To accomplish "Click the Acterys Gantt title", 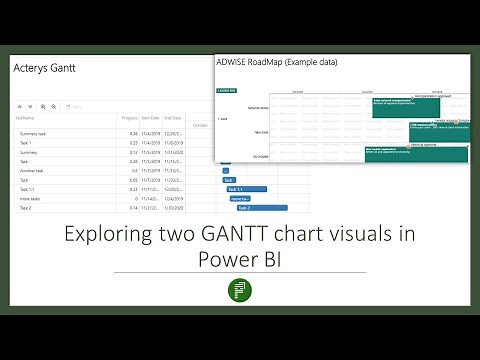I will pos(46,68).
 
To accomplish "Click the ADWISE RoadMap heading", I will pos(276,62).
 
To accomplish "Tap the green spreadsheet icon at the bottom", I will pos(240,290).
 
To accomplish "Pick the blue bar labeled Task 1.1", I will pos(246,189).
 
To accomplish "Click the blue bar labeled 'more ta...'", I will pos(240,199).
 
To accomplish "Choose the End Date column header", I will pos(174,116).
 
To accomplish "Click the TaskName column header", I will pos(24,116).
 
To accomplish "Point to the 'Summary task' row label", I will pos(32,133).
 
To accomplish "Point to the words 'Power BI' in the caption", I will pos(240,260).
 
